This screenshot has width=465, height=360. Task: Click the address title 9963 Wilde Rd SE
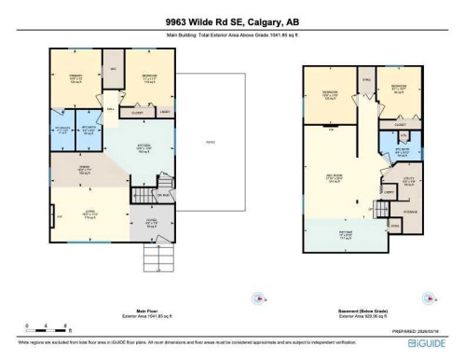pos(232,22)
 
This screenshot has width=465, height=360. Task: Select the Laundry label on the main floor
pos(164,112)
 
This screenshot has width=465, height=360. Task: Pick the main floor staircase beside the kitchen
pos(143,197)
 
